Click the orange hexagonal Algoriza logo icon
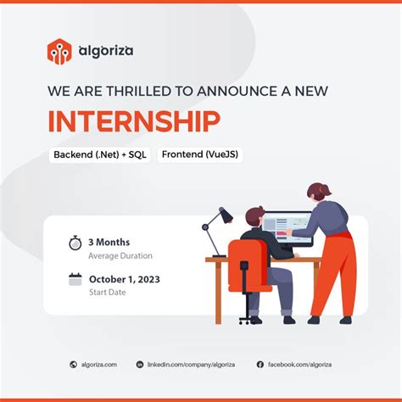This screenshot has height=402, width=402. (x=59, y=52)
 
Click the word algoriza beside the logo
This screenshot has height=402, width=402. (x=104, y=51)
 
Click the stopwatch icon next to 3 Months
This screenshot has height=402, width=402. (x=75, y=243)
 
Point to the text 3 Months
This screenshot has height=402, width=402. (x=109, y=242)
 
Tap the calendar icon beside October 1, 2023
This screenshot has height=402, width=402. (x=75, y=279)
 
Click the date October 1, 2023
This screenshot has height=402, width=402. (x=125, y=279)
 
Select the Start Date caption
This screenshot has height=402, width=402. (x=109, y=293)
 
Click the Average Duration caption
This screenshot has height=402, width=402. (x=120, y=255)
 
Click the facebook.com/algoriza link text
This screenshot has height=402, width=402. (x=299, y=365)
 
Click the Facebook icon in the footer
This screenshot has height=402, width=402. (x=260, y=365)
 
